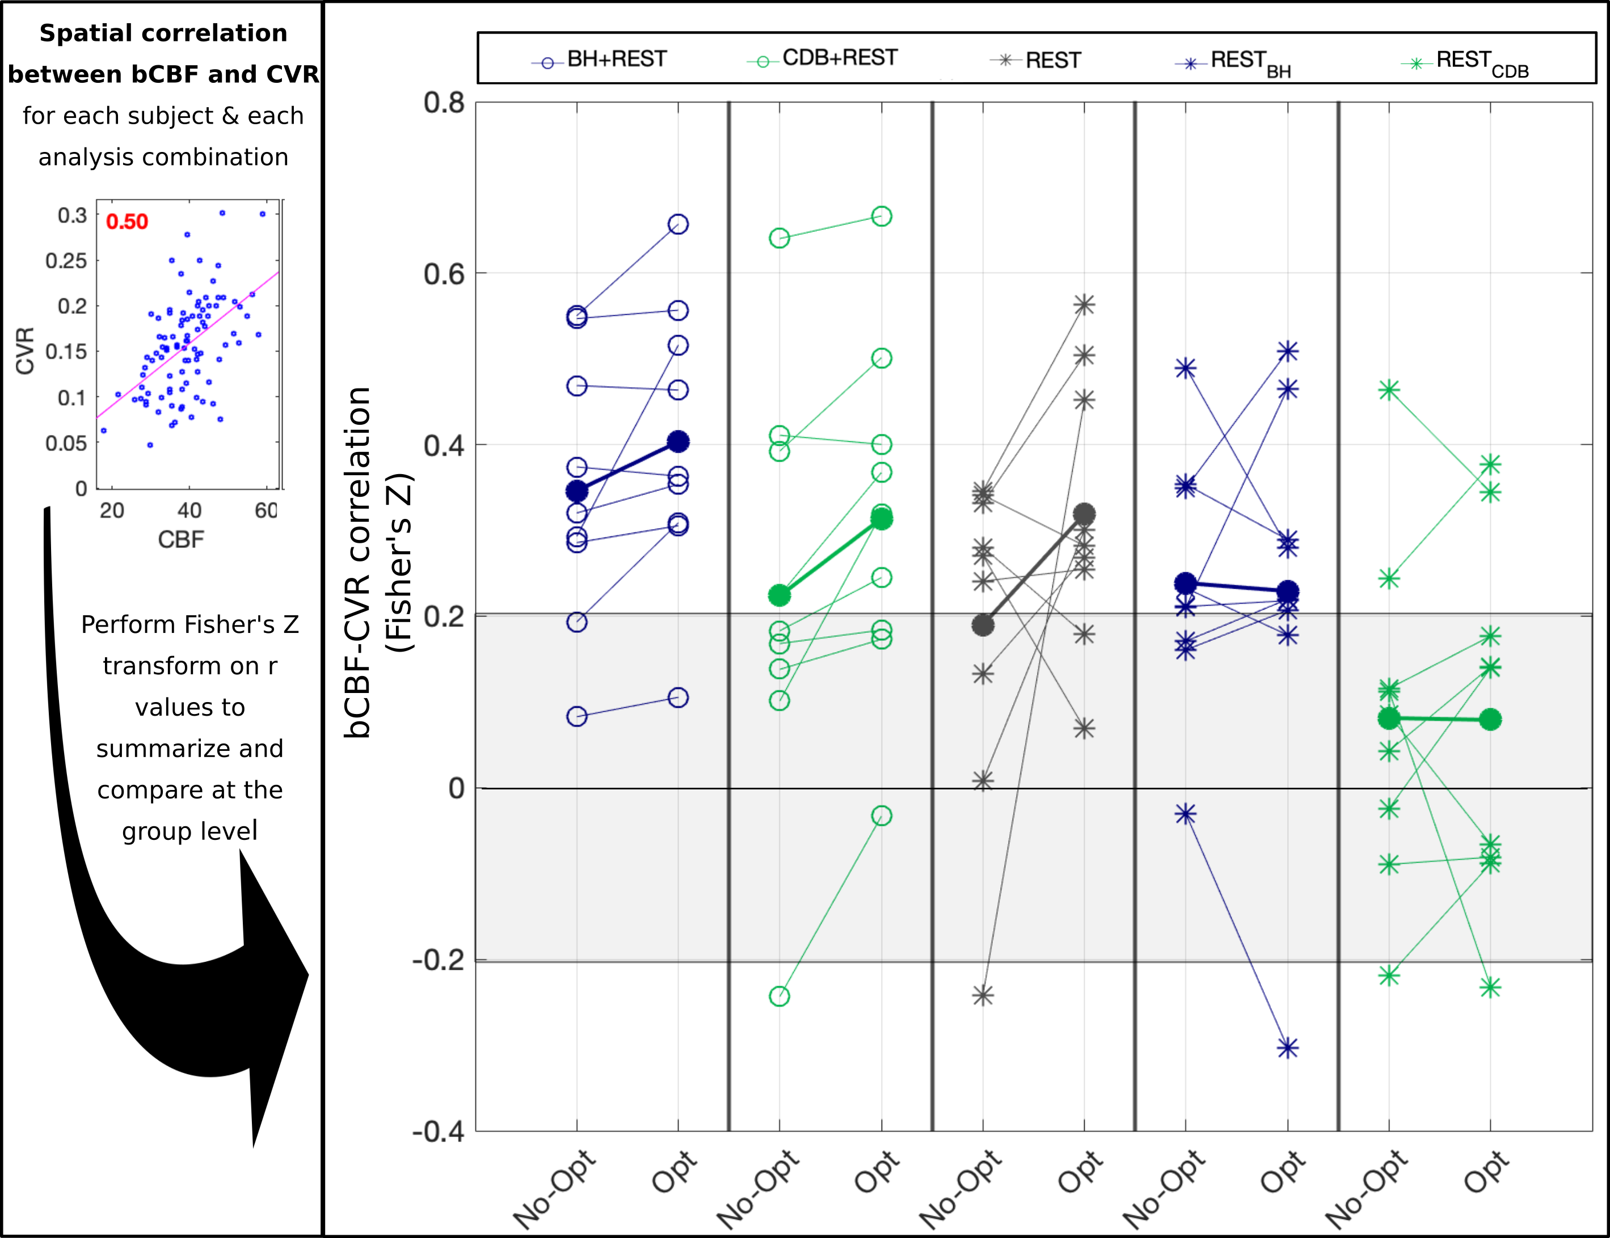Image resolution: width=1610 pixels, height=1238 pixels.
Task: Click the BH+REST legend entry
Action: click(x=599, y=60)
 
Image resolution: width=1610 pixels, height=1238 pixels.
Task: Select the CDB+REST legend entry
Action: click(x=823, y=59)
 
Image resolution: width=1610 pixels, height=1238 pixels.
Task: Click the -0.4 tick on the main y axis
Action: click(x=439, y=1132)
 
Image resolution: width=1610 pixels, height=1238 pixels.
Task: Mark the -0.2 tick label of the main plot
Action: click(x=439, y=960)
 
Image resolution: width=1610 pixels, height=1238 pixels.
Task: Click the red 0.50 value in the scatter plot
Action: click(x=127, y=222)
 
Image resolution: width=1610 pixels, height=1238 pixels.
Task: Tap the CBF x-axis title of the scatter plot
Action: click(x=180, y=539)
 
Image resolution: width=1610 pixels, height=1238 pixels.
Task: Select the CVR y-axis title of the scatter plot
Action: click(x=25, y=351)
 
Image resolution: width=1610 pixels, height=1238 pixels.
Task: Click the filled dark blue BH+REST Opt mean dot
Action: click(x=678, y=441)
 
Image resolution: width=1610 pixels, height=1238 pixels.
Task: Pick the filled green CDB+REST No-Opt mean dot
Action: click(x=779, y=595)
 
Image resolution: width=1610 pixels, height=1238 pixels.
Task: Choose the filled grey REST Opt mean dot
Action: click(x=1084, y=514)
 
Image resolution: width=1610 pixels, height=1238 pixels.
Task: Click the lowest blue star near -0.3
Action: click(x=1287, y=1048)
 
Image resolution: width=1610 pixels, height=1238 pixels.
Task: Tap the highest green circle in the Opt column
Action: click(x=882, y=216)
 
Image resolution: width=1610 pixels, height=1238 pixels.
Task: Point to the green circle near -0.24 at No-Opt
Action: click(x=779, y=996)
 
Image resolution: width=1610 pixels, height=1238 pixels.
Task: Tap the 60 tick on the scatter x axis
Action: click(x=266, y=510)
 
